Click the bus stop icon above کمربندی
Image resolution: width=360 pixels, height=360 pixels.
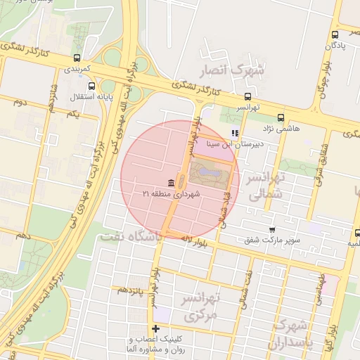click(76, 58)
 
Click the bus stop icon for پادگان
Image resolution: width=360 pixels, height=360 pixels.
click(335, 32)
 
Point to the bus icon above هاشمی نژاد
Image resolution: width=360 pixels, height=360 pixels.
click(281, 117)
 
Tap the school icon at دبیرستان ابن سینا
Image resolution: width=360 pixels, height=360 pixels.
click(235, 132)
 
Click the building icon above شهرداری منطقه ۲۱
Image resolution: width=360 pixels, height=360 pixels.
click(172, 182)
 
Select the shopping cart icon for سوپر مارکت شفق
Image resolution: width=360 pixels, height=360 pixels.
click(273, 229)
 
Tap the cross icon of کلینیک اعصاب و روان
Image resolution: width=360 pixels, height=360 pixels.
click(155, 328)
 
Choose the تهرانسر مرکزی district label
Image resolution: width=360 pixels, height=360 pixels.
click(202, 307)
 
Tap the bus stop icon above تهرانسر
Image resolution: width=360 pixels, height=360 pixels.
click(247, 97)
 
